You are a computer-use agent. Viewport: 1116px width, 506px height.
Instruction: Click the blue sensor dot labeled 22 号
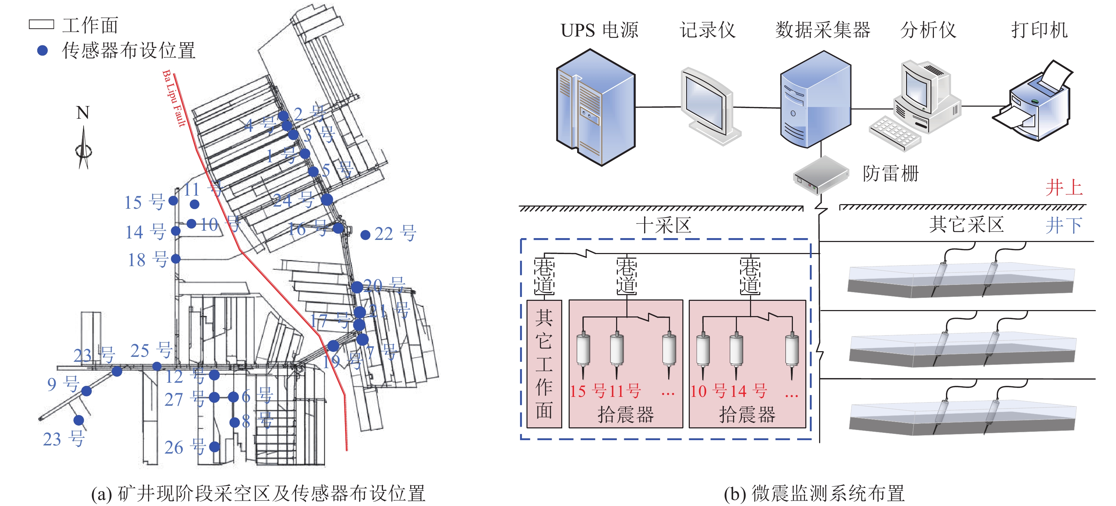pyautogui.click(x=365, y=235)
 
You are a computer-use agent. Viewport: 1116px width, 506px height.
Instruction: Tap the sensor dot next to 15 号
pyautogui.click(x=173, y=201)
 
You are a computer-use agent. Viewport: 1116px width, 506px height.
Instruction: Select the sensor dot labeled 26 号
pyautogui.click(x=214, y=447)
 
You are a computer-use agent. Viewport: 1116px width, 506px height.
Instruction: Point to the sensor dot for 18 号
pyautogui.click(x=175, y=259)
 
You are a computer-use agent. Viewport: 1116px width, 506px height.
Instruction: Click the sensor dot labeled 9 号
pyautogui.click(x=87, y=391)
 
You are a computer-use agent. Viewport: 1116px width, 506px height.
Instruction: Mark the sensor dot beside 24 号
pyautogui.click(x=327, y=200)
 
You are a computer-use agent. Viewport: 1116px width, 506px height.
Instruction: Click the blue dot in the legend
pyautogui.click(x=43, y=51)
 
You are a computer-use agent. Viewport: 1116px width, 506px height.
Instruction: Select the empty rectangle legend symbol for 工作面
pyautogui.click(x=41, y=24)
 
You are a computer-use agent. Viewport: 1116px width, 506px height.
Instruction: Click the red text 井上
pyautogui.click(x=1064, y=187)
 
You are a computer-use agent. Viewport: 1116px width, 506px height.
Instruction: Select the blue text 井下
pyautogui.click(x=1064, y=225)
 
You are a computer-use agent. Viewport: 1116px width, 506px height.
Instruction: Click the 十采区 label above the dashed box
pyautogui.click(x=663, y=225)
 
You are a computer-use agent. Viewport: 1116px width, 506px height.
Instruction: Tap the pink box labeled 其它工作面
pyautogui.click(x=544, y=364)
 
